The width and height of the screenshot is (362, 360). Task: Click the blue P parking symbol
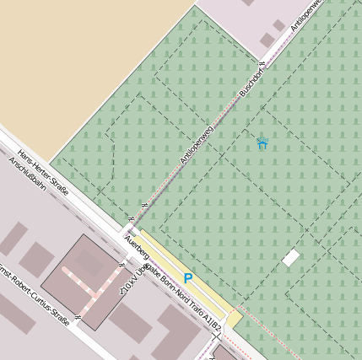[187, 278]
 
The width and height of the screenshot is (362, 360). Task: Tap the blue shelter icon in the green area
[262, 143]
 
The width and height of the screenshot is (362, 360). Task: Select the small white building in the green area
[291, 258]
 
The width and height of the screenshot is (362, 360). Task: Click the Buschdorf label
[251, 79]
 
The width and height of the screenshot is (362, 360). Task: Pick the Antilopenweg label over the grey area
[307, 14]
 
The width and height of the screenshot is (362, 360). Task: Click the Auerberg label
[136, 247]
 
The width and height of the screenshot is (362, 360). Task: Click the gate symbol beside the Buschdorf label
[262, 63]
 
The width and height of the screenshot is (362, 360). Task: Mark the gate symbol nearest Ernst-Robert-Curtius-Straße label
[78, 317]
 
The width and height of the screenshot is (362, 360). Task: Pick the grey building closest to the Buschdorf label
[267, 40]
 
